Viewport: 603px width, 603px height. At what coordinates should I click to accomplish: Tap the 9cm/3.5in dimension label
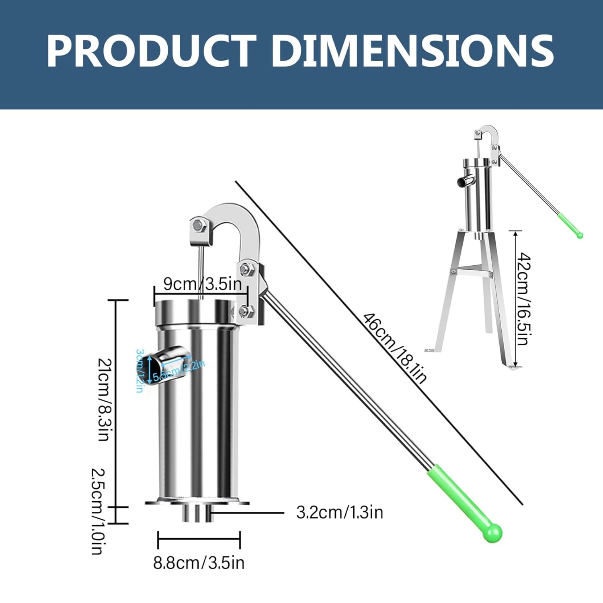(x=203, y=284)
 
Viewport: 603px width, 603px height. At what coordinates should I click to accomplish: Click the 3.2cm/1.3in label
(x=340, y=513)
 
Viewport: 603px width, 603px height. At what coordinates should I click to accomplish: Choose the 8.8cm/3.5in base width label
(x=199, y=563)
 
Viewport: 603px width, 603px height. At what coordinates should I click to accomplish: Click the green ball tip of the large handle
(x=492, y=533)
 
